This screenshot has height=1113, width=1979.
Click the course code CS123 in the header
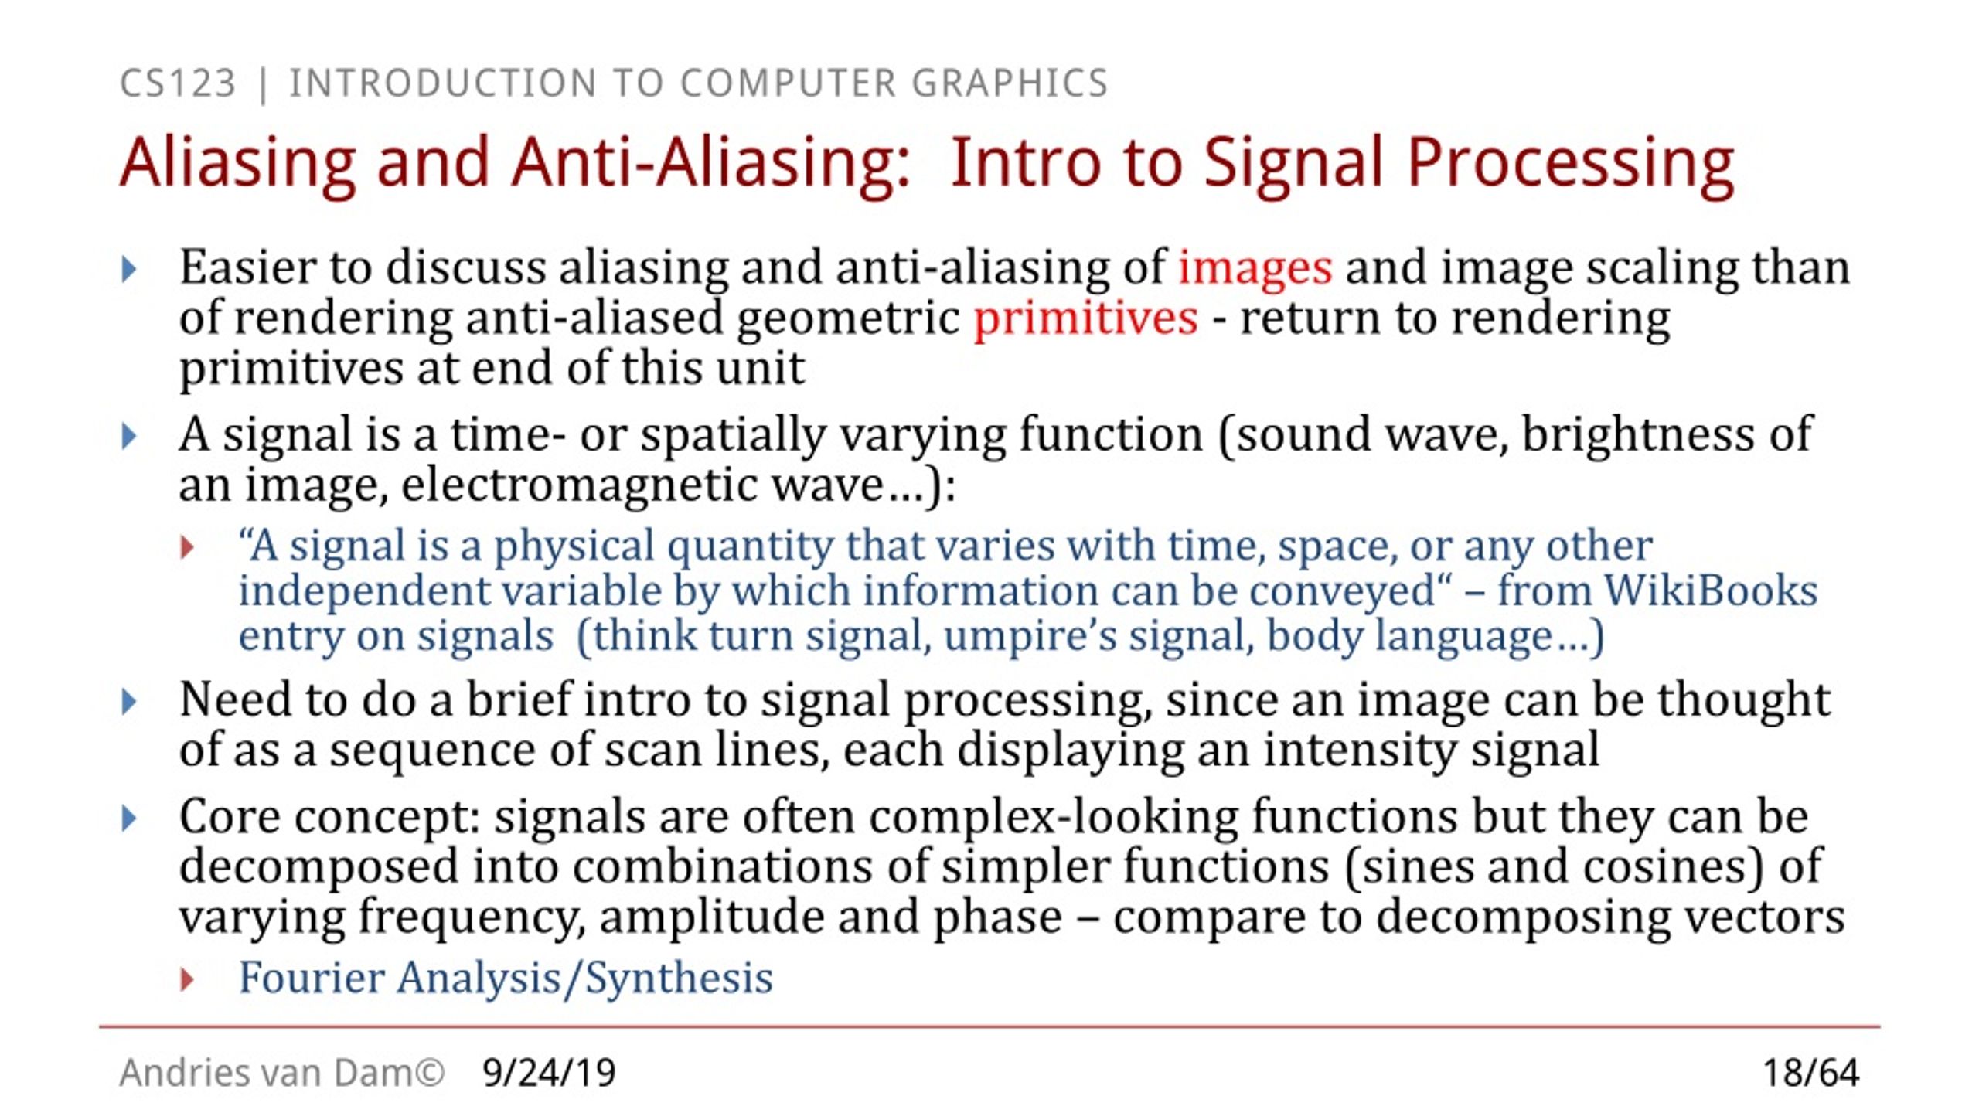tap(178, 83)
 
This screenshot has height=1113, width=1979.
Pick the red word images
tap(1255, 267)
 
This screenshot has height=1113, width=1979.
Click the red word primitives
tap(1085, 318)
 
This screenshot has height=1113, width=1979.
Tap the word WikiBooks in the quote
tap(1711, 591)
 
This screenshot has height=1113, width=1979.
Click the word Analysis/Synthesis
tap(584, 978)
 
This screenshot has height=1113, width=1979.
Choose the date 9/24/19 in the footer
tap(549, 1073)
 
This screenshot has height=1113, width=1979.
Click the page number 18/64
tap(1810, 1073)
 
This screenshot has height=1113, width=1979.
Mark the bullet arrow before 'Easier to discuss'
tap(129, 270)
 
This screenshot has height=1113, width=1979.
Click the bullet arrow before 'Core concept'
tap(129, 819)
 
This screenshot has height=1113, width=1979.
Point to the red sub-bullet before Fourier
tap(187, 980)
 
